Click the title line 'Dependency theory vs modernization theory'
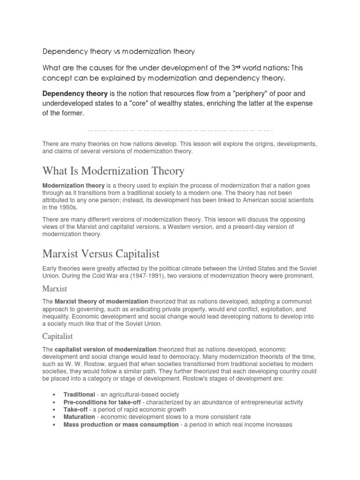point(119,50)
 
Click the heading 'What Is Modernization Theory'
point(113,171)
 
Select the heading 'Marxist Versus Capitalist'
point(101,254)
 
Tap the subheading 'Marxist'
point(55,289)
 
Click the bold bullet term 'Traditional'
point(79,395)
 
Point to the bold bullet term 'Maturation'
point(79,417)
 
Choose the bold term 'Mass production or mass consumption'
point(121,425)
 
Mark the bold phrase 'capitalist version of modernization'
point(105,349)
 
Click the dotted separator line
point(180,129)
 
